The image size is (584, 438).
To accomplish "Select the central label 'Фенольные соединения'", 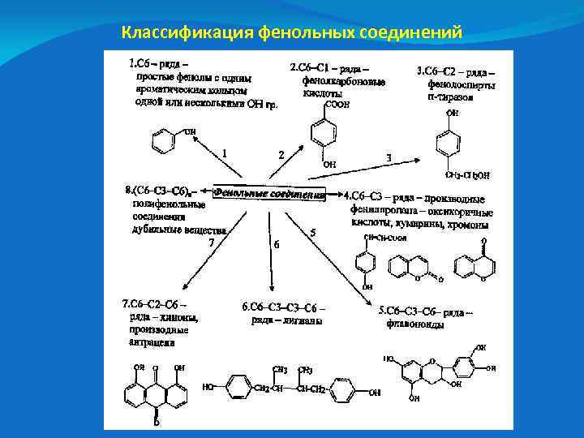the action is point(269,194).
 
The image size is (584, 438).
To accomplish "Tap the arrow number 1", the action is point(225,152).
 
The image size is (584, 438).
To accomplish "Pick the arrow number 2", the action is point(281,154).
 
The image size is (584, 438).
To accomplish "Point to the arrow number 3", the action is point(389,157).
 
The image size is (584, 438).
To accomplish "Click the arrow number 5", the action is point(313,233).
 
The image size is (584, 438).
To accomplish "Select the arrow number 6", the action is point(277,243).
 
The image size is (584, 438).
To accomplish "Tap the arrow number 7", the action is point(212,241).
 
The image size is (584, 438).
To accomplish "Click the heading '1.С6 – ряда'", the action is point(161,62).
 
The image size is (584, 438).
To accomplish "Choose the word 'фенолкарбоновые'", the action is point(343,81).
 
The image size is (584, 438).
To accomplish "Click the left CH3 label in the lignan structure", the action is point(281,370).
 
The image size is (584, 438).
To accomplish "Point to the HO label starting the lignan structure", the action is point(208,388).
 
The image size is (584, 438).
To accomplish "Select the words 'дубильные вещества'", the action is point(178,230).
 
